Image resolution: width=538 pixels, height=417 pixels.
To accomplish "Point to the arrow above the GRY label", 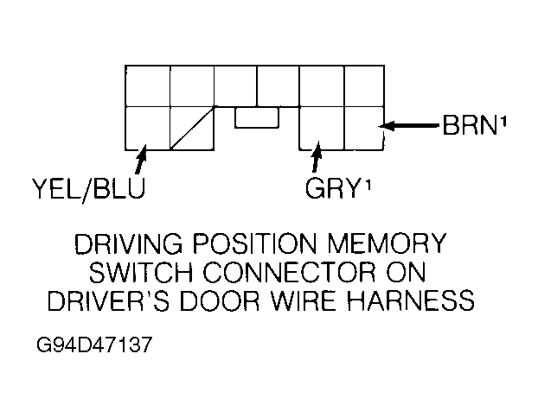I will click(x=317, y=158).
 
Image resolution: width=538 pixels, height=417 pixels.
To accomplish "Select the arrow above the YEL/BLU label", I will click(x=139, y=159).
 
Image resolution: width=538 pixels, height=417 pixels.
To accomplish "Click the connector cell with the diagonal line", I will click(x=191, y=127).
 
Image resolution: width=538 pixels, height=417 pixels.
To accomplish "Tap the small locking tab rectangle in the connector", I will click(x=256, y=118).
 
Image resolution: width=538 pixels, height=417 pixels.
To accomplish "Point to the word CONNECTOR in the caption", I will click(x=308, y=273).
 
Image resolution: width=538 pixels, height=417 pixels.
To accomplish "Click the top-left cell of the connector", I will click(x=148, y=85).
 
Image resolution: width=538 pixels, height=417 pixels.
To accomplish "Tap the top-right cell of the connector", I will click(x=363, y=85).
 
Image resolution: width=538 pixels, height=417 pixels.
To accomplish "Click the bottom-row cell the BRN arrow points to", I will click(x=363, y=127).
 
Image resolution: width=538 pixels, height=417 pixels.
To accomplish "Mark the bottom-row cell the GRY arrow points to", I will click(x=321, y=127).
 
